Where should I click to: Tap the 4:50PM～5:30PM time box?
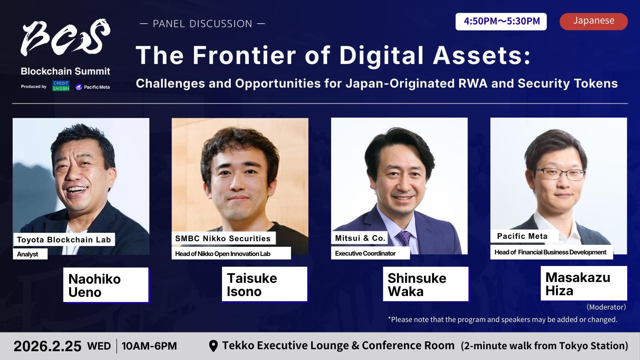[x=501, y=22]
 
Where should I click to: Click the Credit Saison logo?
[x=61, y=86]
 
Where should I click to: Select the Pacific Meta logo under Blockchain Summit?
[x=92, y=87]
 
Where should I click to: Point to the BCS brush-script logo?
[x=66, y=37]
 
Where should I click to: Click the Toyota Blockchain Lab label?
[x=64, y=240]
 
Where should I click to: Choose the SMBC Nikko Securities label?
[x=224, y=238]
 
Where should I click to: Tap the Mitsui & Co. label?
[x=360, y=238]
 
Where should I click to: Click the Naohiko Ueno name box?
[x=106, y=285]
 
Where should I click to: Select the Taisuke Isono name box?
[x=264, y=284]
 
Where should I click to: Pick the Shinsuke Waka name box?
[x=426, y=284]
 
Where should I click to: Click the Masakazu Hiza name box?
[x=584, y=283]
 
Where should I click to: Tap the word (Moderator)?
[x=606, y=307]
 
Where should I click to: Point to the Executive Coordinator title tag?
[x=370, y=254]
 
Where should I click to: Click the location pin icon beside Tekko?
[x=214, y=346]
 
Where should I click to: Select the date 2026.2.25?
[x=48, y=346]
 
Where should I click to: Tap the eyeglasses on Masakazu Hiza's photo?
[x=560, y=174]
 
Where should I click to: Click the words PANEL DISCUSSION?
[x=202, y=24]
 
